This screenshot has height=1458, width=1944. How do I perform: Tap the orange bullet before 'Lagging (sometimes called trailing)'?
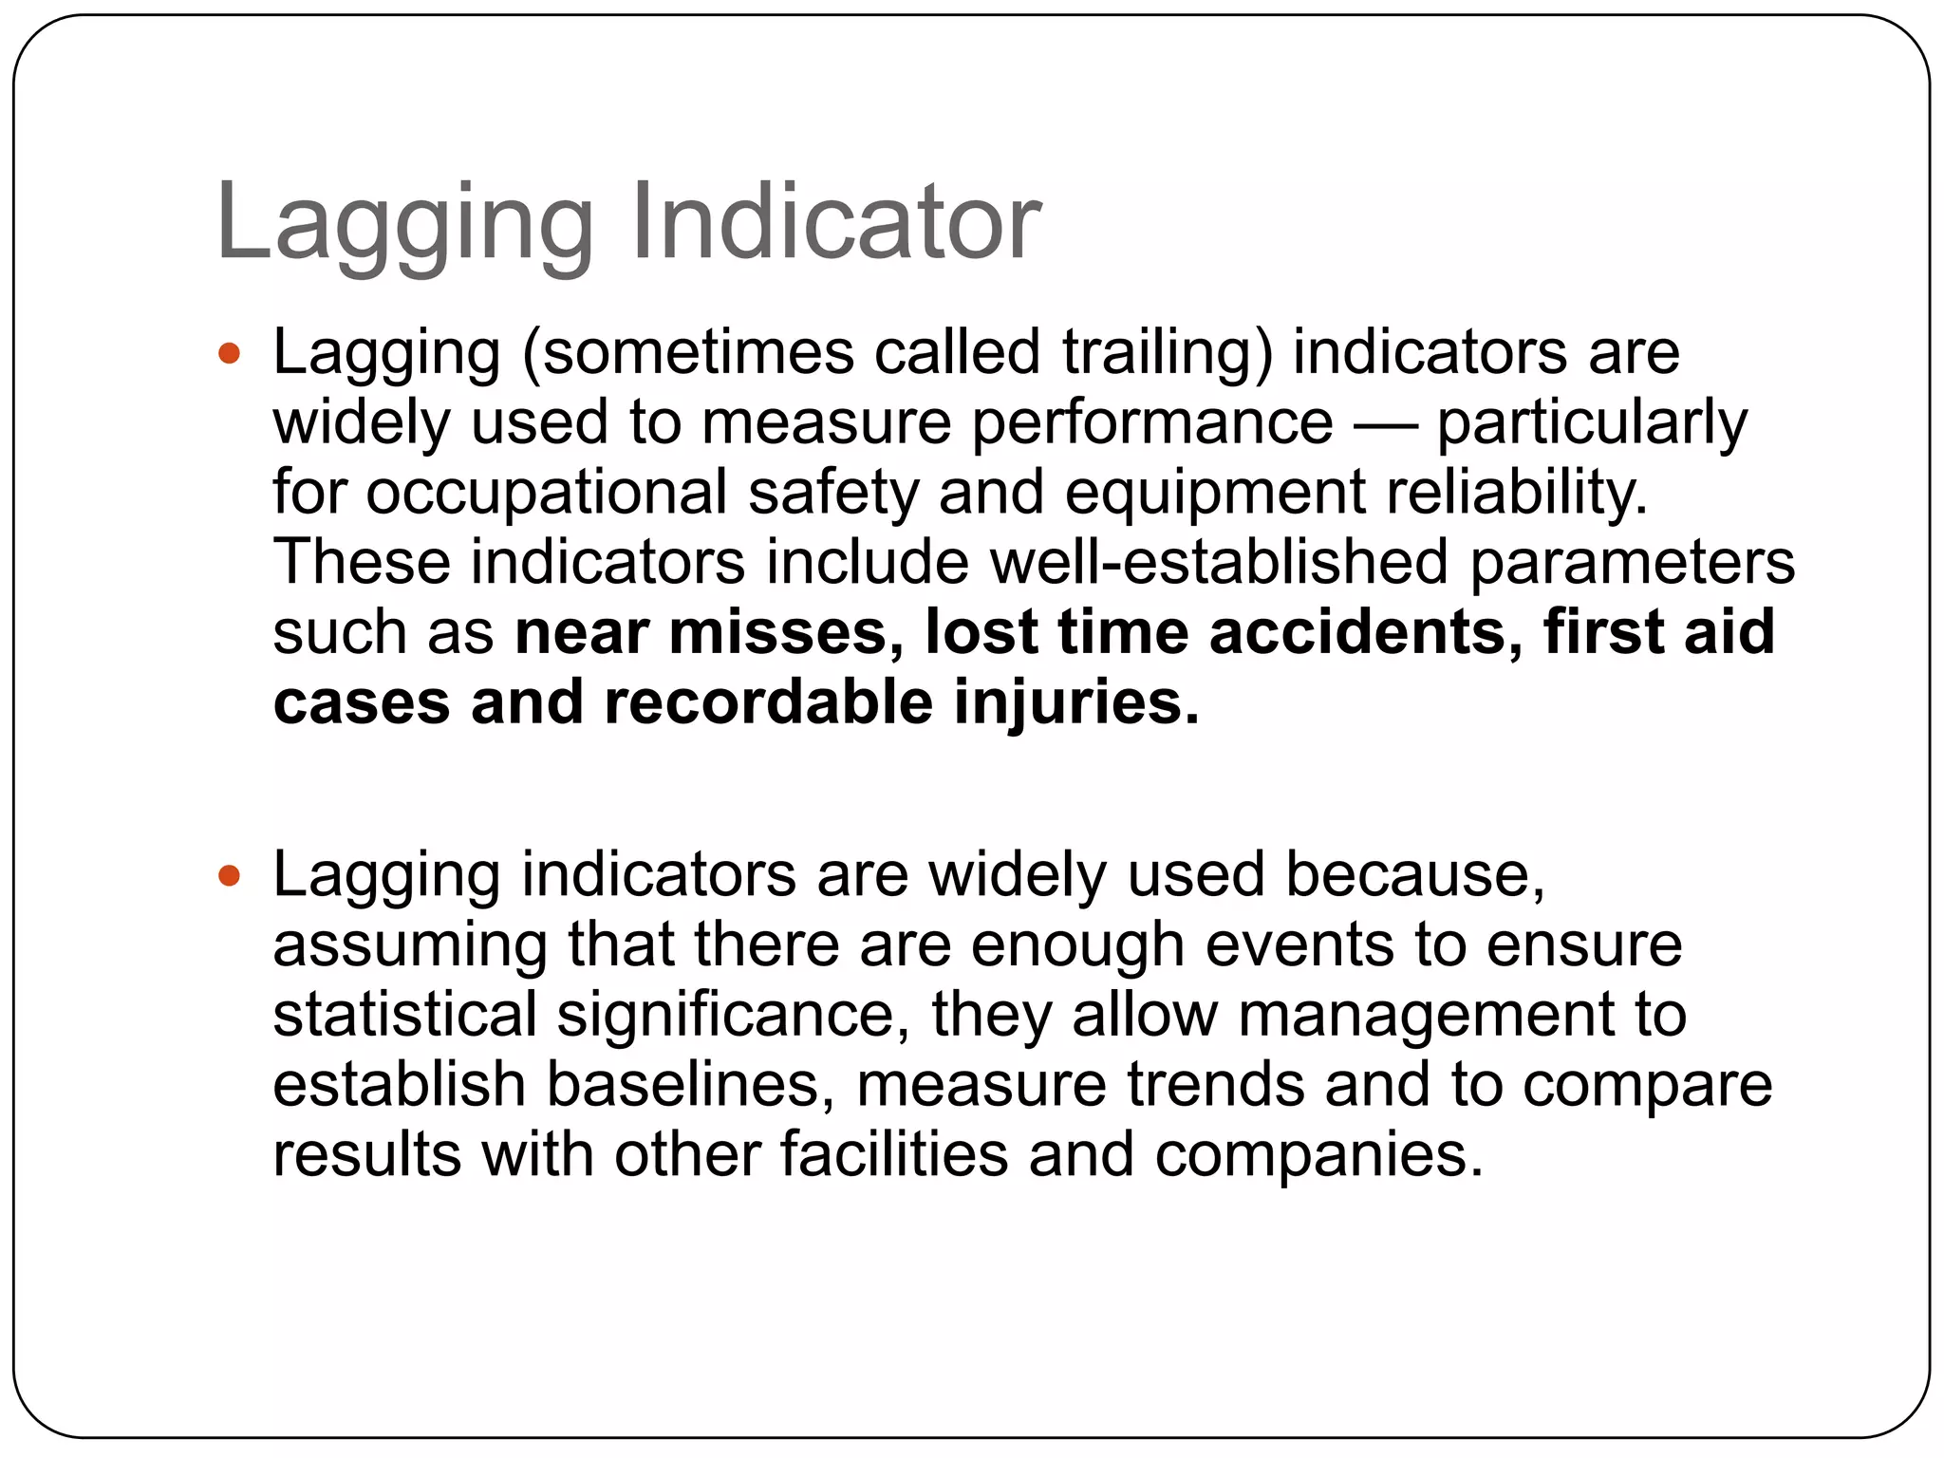click(229, 354)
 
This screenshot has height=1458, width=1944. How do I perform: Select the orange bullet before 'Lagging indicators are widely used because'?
click(229, 875)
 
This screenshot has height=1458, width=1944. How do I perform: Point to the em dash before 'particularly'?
click(1384, 424)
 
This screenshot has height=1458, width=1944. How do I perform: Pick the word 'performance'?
click(1152, 423)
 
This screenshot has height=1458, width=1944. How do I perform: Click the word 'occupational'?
click(547, 494)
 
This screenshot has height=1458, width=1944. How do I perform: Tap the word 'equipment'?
click(1215, 494)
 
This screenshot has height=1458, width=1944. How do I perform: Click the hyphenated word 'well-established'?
click(1219, 562)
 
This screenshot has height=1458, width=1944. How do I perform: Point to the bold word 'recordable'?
click(768, 703)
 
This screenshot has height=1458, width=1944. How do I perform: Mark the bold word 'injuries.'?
click(1076, 703)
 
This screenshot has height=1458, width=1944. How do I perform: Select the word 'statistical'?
click(405, 1015)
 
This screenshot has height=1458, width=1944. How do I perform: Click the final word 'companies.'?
click(1318, 1156)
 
